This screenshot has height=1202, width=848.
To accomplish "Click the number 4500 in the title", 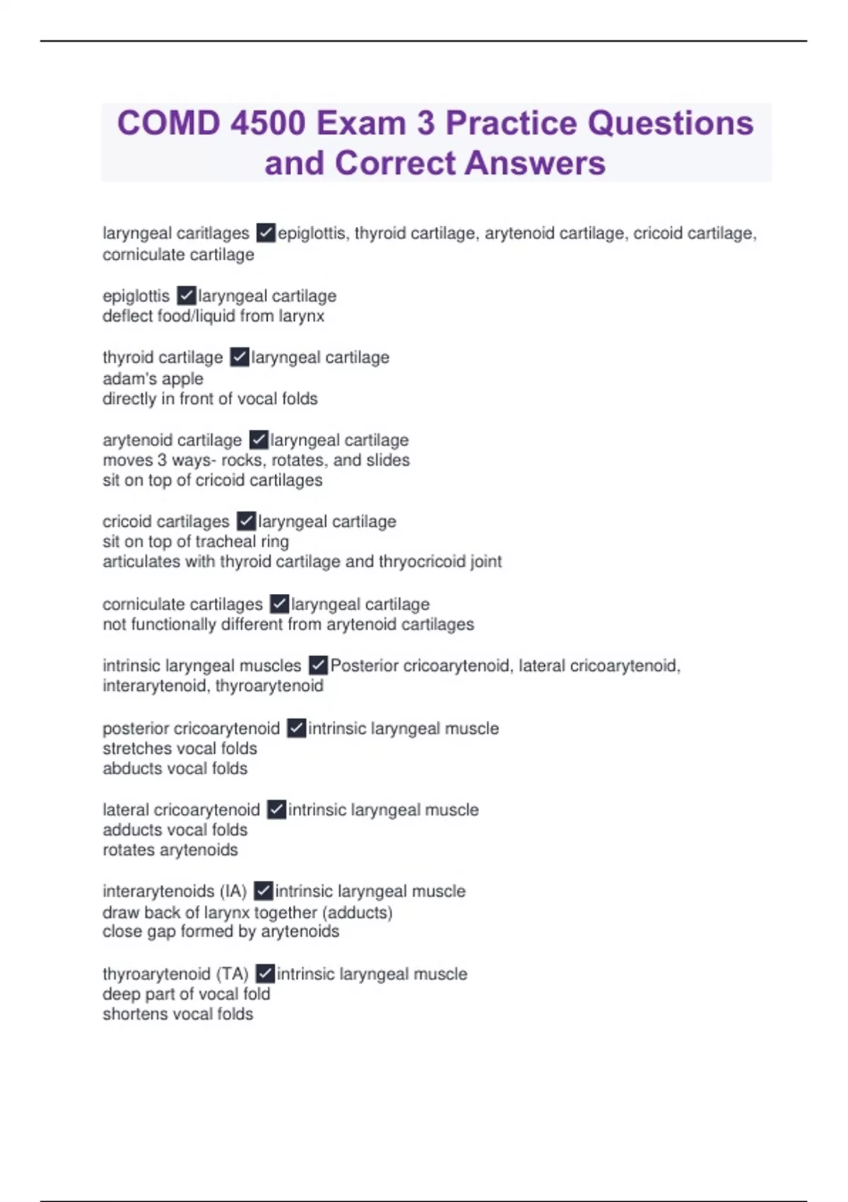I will coord(268,123).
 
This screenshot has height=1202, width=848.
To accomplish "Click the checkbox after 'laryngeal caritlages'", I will coord(266,233).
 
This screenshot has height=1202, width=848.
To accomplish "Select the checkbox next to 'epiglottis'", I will coord(186,295).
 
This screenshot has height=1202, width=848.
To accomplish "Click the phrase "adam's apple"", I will coord(153,378).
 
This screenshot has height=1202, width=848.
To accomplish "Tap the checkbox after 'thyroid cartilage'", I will coord(240,357).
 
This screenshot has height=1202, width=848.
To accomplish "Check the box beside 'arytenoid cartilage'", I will coord(259,440).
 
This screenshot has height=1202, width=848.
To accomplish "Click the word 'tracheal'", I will coord(224,542).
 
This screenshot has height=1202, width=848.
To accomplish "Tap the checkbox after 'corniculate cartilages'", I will coord(279,604).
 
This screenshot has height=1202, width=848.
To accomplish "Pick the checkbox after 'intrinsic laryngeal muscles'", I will coord(318,665).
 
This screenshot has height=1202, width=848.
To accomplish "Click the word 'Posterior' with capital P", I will coord(364,665).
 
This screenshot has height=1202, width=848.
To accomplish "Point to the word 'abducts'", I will coord(129,769).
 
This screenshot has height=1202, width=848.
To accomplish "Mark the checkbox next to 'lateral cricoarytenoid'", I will coord(276,810).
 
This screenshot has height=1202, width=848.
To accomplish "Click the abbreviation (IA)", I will coord(232,891).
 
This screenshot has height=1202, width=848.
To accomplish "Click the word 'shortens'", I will coord(131,1014).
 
